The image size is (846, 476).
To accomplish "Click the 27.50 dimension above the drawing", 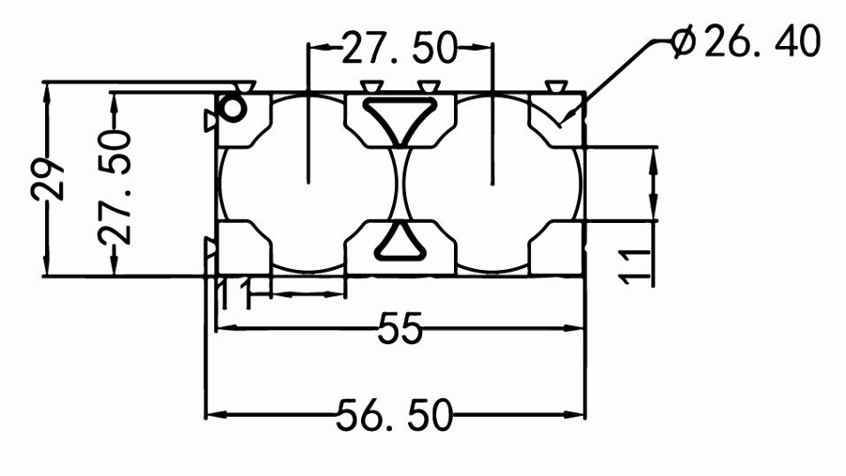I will coord(399,47).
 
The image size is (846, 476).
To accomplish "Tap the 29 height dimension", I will coord(47,179).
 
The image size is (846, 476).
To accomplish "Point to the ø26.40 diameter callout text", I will coord(747,41).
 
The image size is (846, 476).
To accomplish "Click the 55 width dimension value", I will coord(399,329).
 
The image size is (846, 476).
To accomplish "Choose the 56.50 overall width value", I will coord(395,415).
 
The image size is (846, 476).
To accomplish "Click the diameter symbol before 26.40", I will coord(685,41).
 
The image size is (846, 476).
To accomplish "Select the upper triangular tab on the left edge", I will coord(211,120).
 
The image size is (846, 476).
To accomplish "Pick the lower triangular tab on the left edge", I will coord(211,247).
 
